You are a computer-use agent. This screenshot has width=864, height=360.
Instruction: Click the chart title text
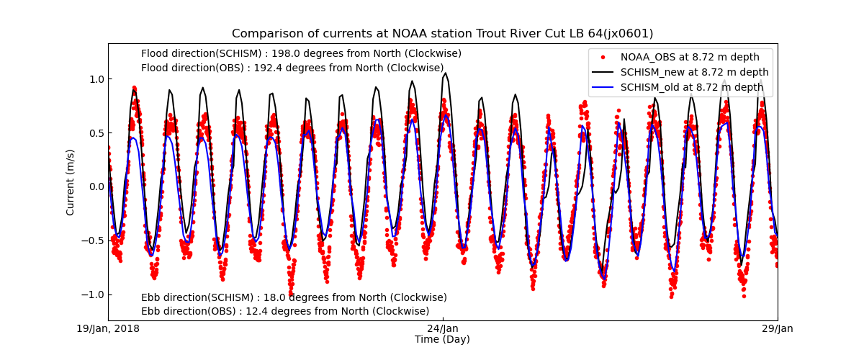(x=442, y=34)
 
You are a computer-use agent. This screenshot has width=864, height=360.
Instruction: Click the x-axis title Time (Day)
(x=442, y=339)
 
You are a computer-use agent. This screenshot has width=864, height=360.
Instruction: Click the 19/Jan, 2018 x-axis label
(x=108, y=329)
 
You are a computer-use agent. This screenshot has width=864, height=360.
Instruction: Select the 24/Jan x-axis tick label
(x=443, y=329)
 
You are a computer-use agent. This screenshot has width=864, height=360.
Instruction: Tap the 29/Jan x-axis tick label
(x=778, y=329)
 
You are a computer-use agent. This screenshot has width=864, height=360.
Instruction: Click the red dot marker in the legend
(x=603, y=57)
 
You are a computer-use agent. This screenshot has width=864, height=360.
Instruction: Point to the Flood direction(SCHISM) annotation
(x=301, y=53)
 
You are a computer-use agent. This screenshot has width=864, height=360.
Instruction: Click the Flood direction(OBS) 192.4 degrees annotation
(x=292, y=68)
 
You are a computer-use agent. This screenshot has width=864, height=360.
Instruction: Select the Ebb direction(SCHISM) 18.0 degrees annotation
(x=294, y=297)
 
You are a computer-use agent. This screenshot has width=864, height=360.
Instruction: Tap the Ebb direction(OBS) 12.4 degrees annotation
(x=285, y=311)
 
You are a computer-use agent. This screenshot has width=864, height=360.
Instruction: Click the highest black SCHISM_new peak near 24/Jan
(x=446, y=73)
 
